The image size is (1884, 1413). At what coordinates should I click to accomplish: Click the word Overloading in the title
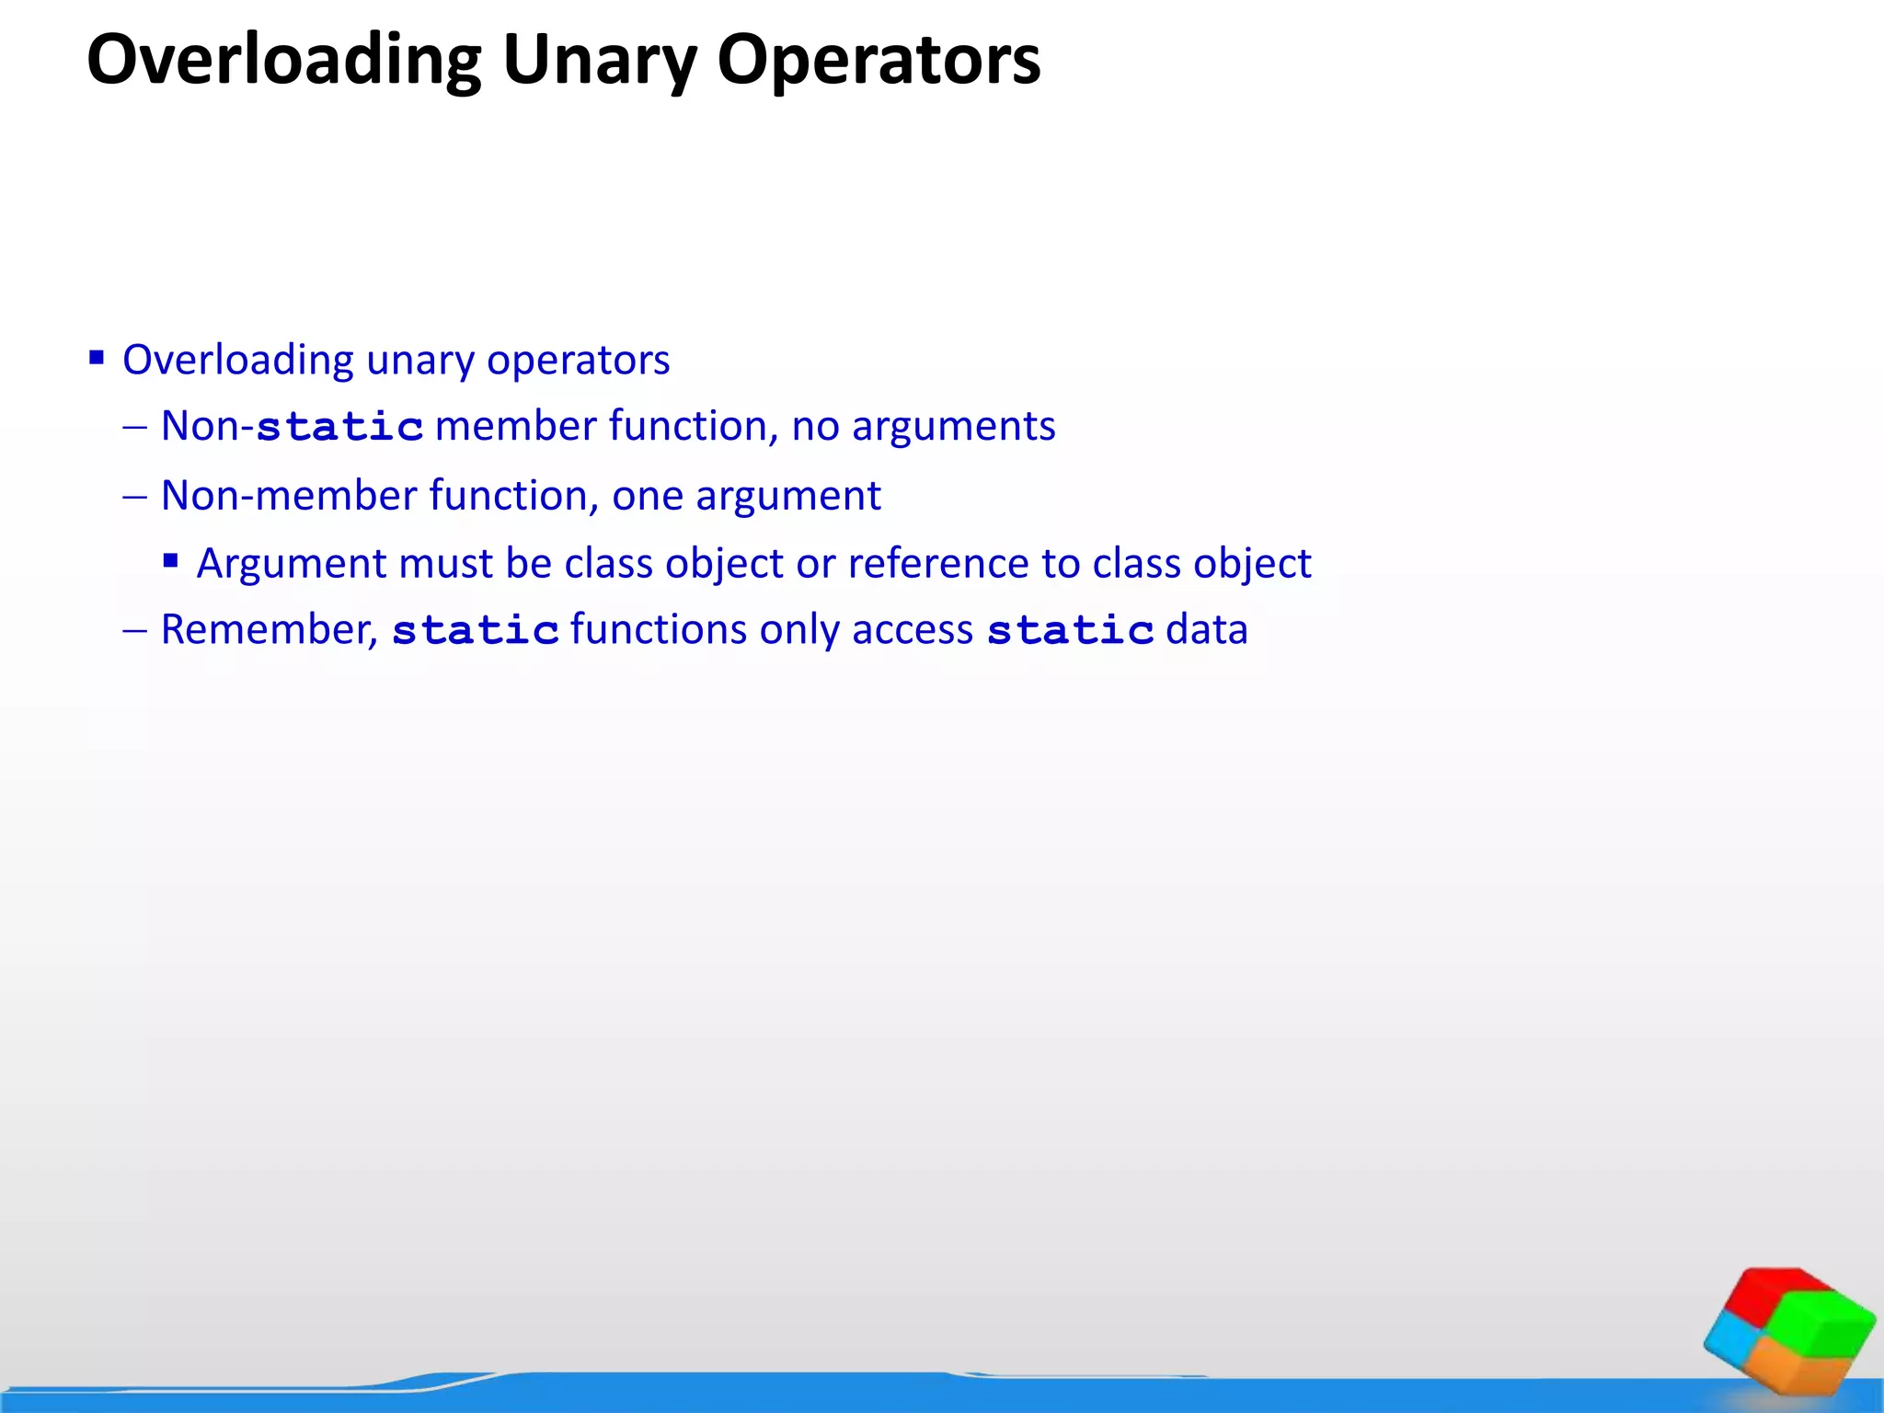point(283,61)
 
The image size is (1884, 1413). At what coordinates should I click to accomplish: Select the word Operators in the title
point(879,61)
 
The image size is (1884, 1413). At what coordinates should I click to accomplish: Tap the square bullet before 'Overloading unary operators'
point(97,357)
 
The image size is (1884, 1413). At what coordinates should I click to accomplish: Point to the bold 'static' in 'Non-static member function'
point(339,427)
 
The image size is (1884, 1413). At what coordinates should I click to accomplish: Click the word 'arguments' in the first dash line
point(953,427)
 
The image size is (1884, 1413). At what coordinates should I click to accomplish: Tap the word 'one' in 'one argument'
point(648,496)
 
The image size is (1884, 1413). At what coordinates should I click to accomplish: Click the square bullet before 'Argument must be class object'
point(170,560)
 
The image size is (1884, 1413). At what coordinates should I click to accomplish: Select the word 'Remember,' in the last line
point(269,630)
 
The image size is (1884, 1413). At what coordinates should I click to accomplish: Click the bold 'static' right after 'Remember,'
point(476,631)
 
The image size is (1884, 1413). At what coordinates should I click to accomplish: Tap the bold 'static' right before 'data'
point(1070,631)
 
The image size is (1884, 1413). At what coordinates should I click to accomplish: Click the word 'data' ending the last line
point(1207,630)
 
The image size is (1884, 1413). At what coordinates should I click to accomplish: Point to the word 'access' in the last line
point(912,630)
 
